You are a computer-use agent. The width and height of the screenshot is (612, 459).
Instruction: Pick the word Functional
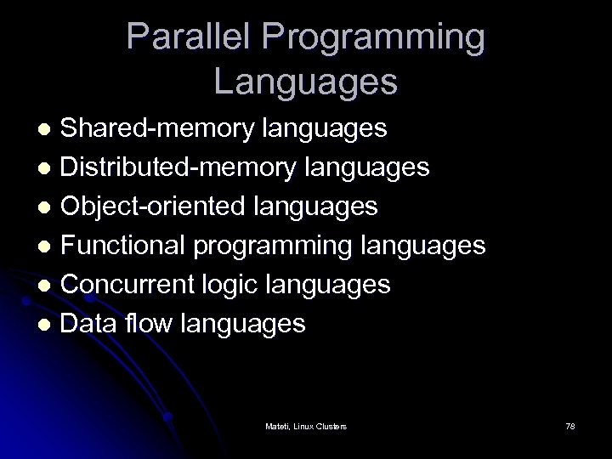tap(125, 245)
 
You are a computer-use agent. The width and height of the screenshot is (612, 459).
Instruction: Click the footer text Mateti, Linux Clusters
tap(306, 425)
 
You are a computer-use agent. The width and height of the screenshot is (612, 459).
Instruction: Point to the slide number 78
tap(569, 425)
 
